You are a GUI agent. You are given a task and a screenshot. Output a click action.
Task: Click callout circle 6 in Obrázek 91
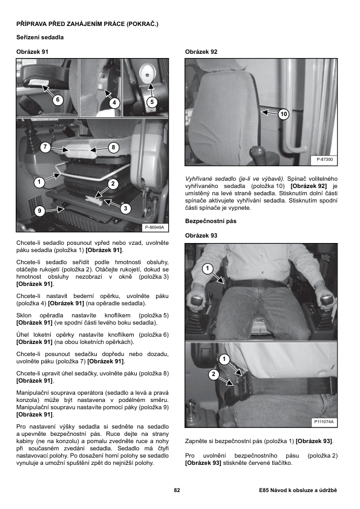coord(57,99)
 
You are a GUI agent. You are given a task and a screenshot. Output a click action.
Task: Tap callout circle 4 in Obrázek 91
coord(114,103)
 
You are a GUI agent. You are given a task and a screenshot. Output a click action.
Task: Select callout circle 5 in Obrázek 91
coord(152,102)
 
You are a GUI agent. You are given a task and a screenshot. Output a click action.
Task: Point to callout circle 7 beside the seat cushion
coord(45,147)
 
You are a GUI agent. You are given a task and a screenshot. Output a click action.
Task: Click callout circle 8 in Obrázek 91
coord(113,148)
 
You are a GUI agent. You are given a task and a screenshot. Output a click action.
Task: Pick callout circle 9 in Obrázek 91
coord(39,211)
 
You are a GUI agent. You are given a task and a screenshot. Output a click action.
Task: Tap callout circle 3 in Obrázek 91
coord(125,209)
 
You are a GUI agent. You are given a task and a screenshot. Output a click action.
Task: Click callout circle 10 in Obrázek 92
coord(284,114)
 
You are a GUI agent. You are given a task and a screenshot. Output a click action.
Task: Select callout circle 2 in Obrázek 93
coord(214,374)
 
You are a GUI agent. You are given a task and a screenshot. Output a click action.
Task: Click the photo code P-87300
coord(325,160)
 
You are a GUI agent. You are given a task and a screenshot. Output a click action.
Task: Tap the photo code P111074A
coord(324,422)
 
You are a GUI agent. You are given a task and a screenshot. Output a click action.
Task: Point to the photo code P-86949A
coord(155,227)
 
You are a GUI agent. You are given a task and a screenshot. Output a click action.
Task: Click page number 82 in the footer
coord(177,490)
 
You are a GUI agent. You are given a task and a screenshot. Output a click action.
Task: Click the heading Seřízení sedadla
coord(40,37)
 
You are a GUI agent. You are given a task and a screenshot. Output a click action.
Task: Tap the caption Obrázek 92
coord(201,51)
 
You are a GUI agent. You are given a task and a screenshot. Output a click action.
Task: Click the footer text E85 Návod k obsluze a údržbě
coord(298,490)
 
